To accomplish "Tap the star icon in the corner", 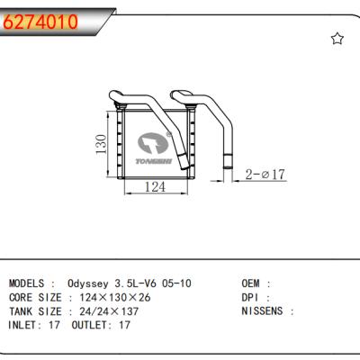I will [x=337, y=38].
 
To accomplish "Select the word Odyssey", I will [x=87, y=283].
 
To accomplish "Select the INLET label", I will [x=26, y=325].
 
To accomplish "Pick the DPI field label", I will [x=253, y=296].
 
